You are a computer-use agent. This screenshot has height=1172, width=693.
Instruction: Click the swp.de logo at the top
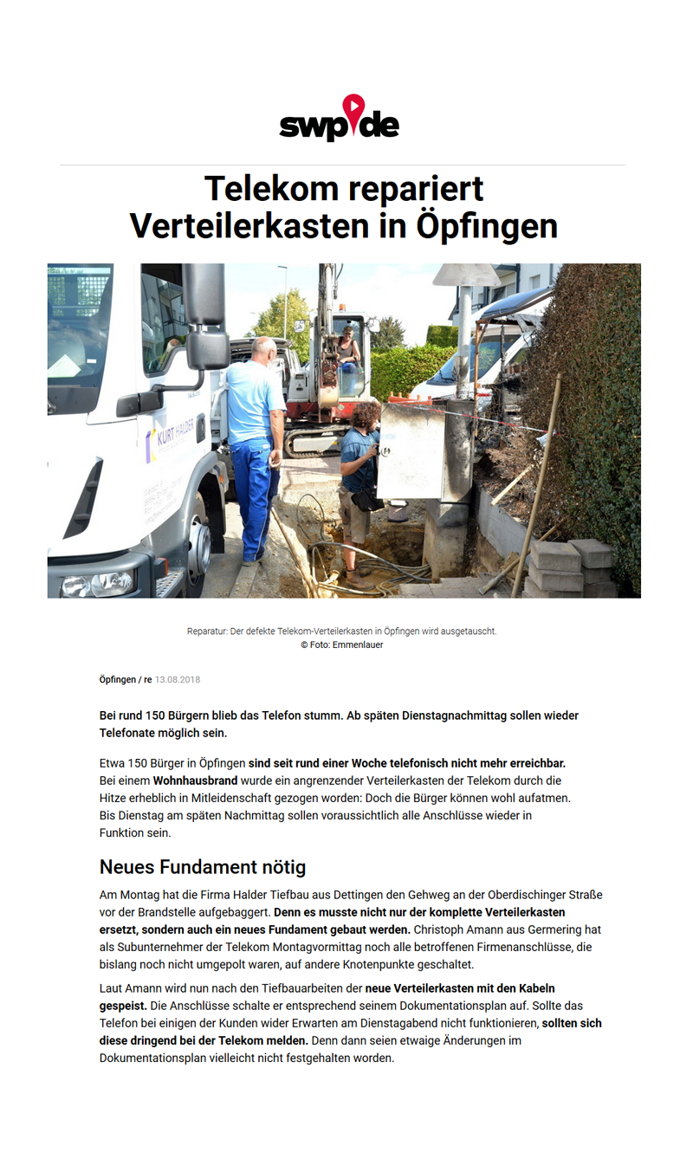click(340, 119)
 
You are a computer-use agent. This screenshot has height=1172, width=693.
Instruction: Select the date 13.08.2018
click(178, 680)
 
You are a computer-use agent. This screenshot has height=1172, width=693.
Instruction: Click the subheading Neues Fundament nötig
click(203, 866)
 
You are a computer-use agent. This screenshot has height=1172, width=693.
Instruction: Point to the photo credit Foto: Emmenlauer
click(342, 644)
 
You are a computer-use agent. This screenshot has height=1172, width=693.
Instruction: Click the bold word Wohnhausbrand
click(195, 780)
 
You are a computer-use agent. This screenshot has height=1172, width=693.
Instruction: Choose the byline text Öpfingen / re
click(126, 680)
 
